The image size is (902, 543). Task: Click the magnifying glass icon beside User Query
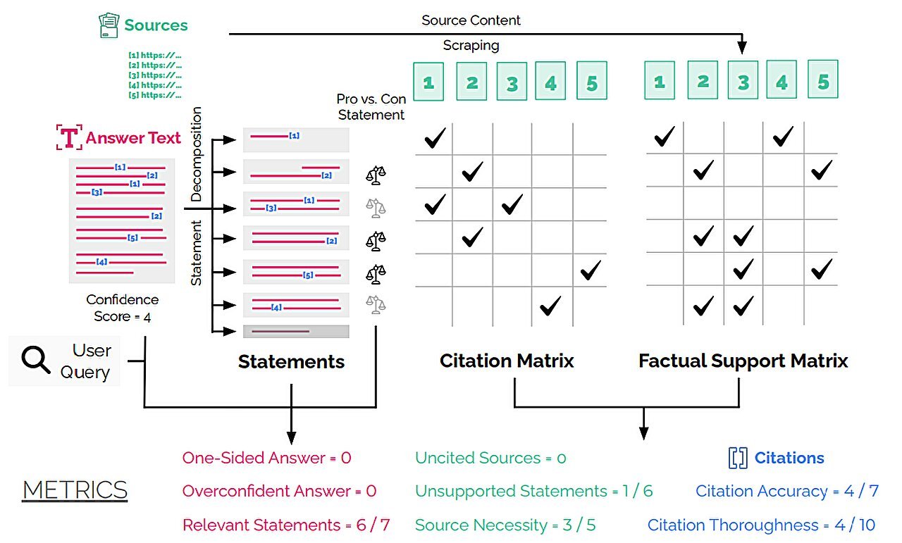click(x=36, y=361)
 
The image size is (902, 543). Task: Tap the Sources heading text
click(x=156, y=25)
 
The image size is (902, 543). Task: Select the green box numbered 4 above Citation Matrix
click(x=551, y=83)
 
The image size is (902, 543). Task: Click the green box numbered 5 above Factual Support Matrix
click(x=823, y=82)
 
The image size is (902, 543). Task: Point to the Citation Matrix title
click(x=507, y=361)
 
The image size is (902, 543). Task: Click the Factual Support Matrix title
click(x=743, y=361)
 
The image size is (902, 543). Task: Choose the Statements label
click(x=291, y=362)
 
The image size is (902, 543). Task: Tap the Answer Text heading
click(x=133, y=138)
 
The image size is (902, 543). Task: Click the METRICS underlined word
click(x=75, y=490)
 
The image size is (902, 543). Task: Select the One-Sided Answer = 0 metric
click(x=266, y=458)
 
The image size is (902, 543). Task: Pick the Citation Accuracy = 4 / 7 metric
click(x=787, y=491)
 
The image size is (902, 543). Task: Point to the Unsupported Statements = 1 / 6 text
click(x=533, y=491)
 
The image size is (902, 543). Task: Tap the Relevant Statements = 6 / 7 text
click(x=285, y=525)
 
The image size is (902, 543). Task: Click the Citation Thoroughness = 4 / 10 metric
click(x=762, y=525)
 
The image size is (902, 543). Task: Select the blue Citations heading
click(x=789, y=458)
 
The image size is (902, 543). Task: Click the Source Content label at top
click(x=471, y=20)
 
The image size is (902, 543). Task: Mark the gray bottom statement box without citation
click(x=296, y=331)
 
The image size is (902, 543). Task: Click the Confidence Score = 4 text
click(x=123, y=308)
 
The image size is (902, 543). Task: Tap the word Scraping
click(x=471, y=46)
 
